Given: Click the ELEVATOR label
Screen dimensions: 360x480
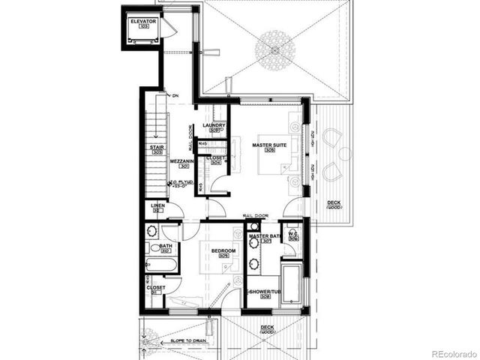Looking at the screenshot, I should (142, 22).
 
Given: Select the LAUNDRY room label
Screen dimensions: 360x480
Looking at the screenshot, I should (214, 126).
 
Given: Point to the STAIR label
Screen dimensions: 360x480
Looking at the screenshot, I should (157, 148).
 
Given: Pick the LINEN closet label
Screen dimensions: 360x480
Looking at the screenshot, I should (157, 205).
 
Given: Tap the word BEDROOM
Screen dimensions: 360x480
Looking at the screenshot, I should (223, 250).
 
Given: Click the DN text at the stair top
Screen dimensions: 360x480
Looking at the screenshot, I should (175, 96).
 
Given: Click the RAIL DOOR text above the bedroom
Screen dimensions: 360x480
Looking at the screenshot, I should (256, 216).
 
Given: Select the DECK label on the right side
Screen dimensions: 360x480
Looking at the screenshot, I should (334, 203).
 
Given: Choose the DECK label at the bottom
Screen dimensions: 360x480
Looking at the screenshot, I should (266, 328).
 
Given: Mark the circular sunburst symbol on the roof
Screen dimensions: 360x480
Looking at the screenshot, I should (273, 49).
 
